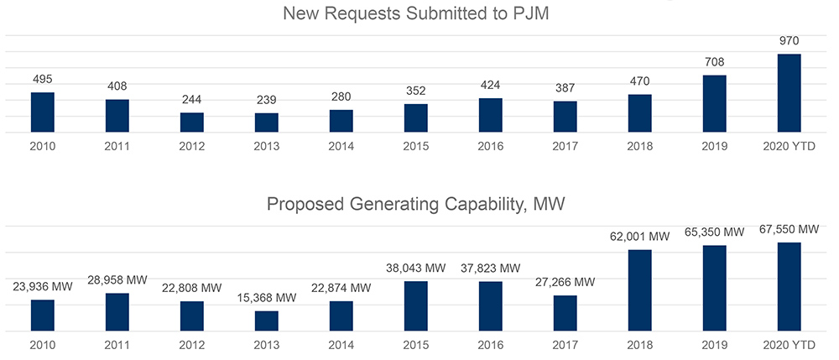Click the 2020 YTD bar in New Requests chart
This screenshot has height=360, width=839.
coord(789,93)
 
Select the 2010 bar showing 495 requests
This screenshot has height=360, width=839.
coord(43,112)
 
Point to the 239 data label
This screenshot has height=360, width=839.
coord(266,100)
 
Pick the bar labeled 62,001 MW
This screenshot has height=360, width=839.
coord(639,290)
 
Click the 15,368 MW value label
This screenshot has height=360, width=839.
coord(266,298)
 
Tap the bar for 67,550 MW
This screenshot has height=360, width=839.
coord(789,287)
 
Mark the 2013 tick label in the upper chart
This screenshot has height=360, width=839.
coord(266,145)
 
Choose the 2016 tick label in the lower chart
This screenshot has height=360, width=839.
coord(490,344)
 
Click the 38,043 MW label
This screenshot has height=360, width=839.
coord(415,268)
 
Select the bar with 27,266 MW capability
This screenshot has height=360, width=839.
coord(565,313)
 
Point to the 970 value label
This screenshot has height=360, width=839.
coord(789,40)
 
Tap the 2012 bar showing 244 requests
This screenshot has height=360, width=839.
coord(191,123)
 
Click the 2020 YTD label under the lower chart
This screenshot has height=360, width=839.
coord(789,344)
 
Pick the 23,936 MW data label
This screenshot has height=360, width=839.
coord(43,286)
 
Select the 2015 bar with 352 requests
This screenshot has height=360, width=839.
coord(415,118)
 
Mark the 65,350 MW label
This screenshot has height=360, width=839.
coord(714,232)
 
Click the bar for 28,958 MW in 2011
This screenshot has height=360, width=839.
coord(117,312)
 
